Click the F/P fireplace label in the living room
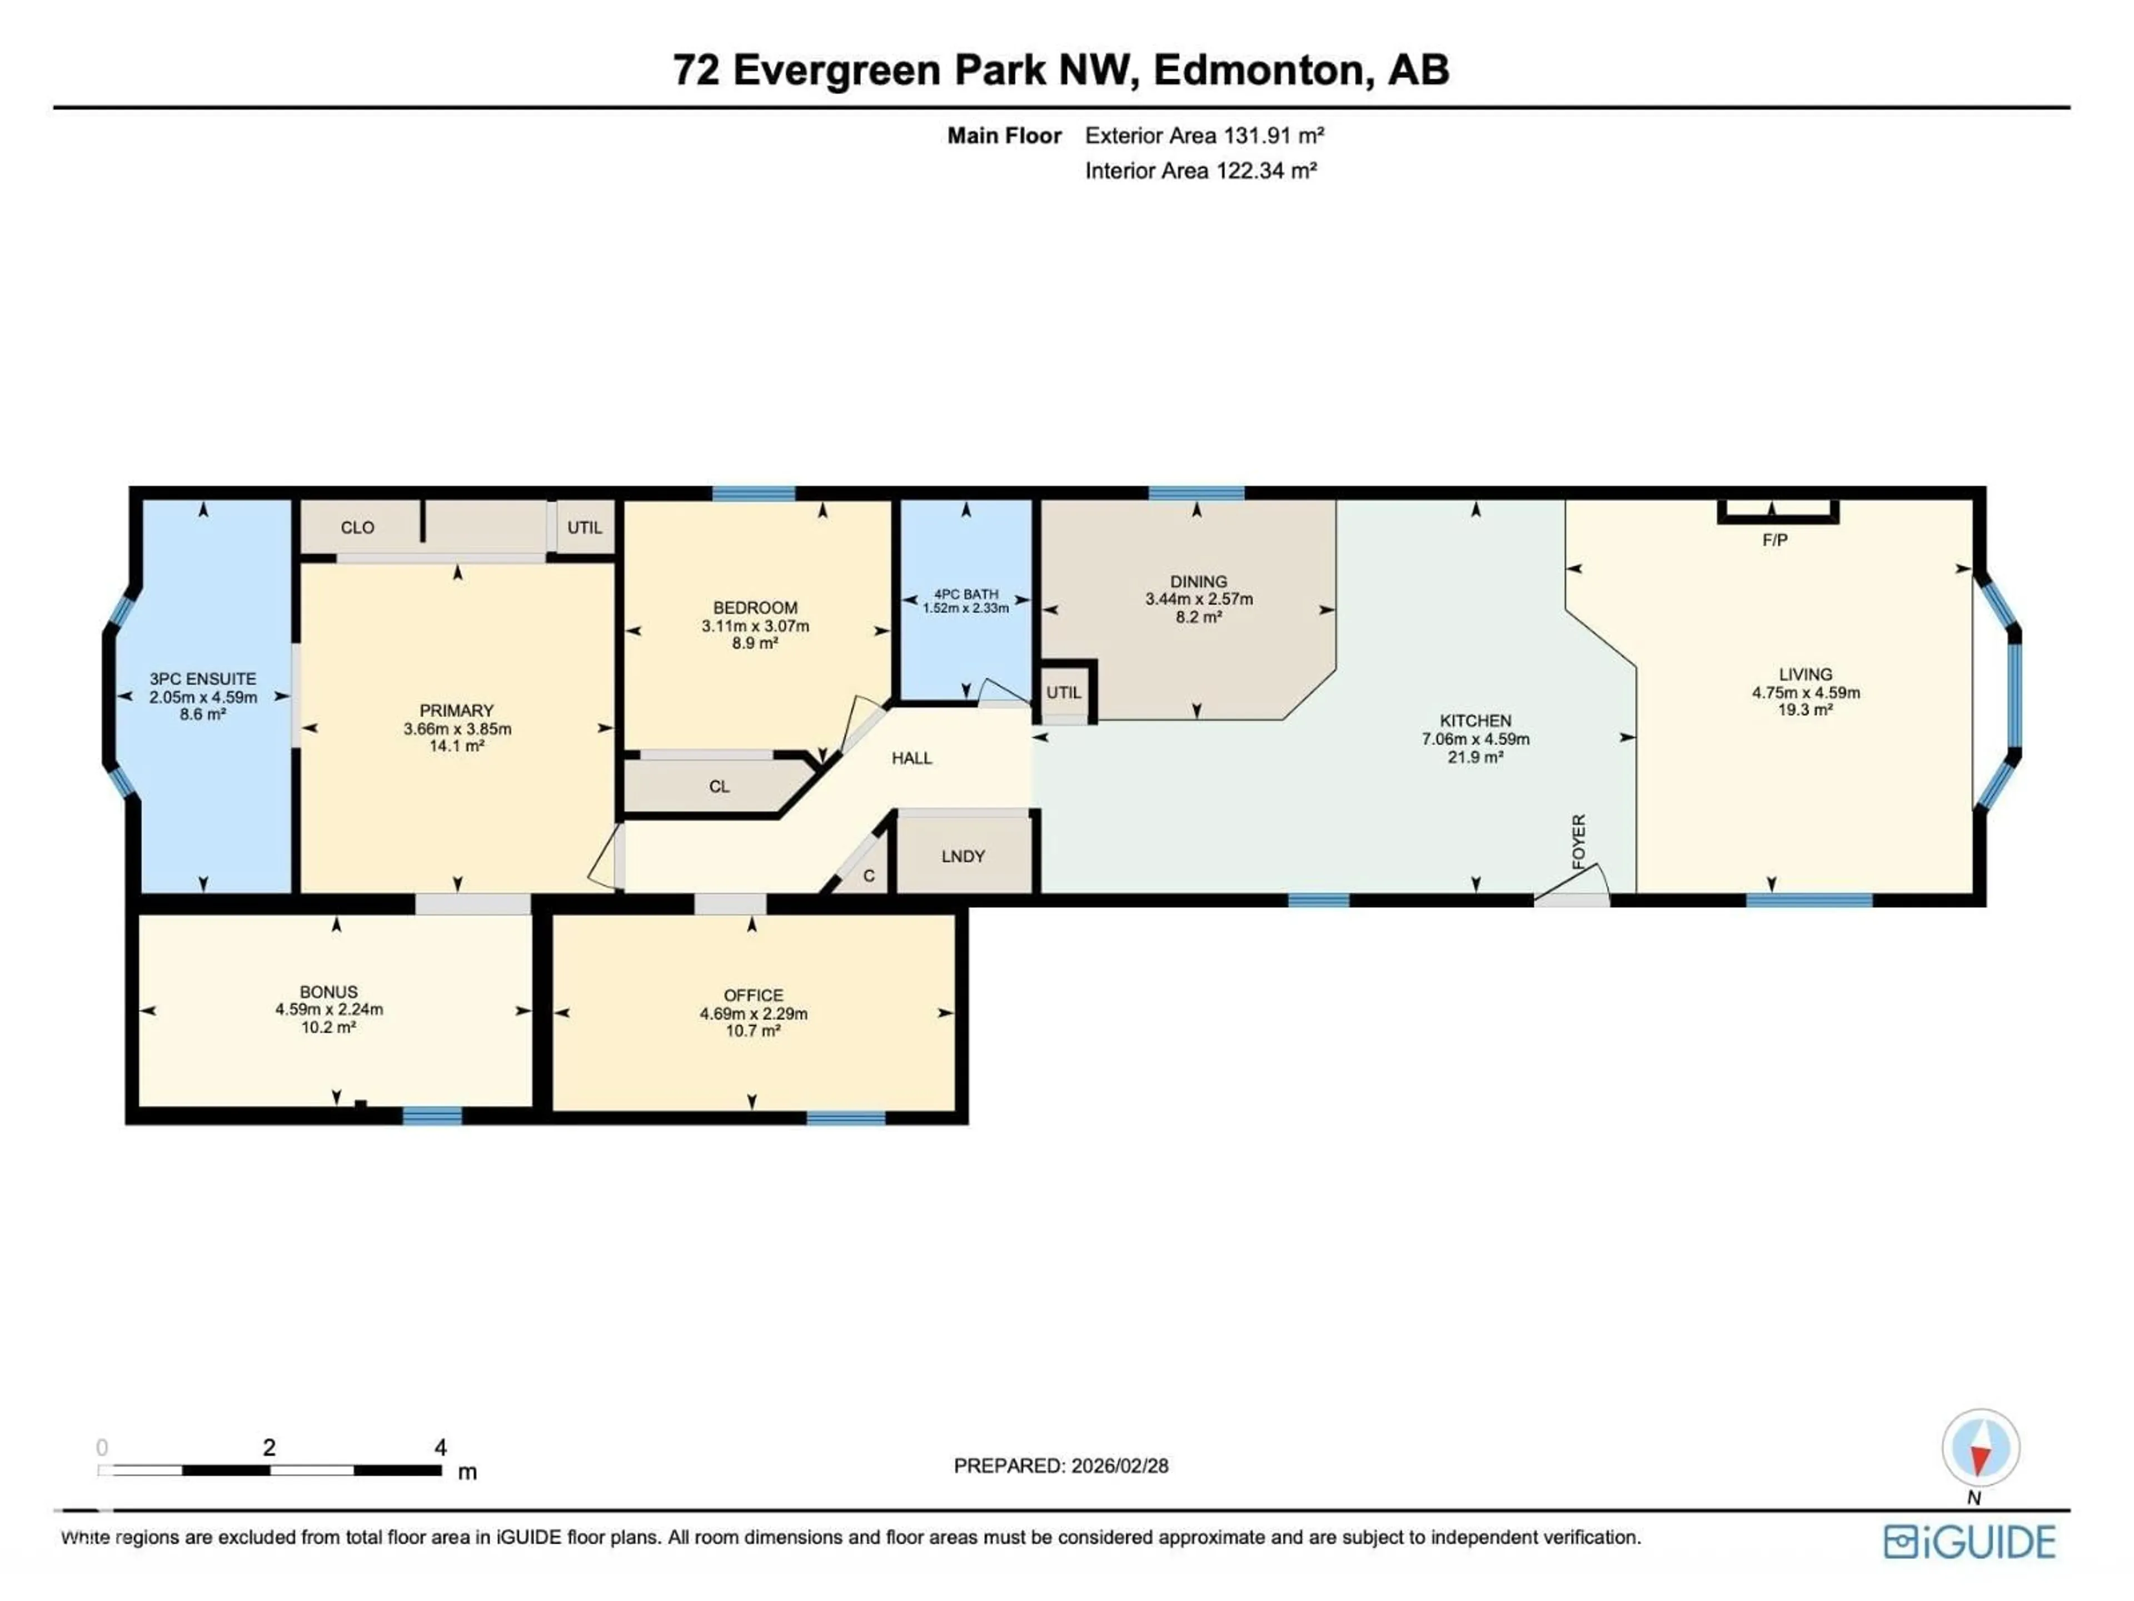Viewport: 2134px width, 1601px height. (1774, 540)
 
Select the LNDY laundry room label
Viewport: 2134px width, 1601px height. (963, 856)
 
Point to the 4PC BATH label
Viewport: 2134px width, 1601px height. (966, 594)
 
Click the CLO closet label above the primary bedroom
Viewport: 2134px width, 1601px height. (357, 528)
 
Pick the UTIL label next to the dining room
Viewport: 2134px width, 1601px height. (1064, 693)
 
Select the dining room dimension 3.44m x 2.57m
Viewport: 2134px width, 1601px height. (1198, 599)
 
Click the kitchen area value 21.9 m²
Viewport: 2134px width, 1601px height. (1475, 758)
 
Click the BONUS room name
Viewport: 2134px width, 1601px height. (329, 992)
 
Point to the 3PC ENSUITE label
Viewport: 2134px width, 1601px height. (203, 679)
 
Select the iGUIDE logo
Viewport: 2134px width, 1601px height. (1970, 1541)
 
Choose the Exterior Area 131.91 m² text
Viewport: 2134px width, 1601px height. (1204, 136)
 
